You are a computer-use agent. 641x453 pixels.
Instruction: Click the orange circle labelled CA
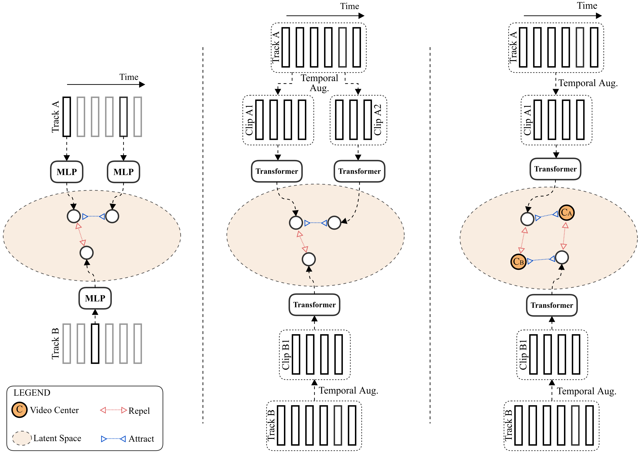[566, 213]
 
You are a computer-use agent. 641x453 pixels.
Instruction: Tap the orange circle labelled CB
[518, 262]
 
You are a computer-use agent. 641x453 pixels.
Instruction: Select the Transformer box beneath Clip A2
[359, 171]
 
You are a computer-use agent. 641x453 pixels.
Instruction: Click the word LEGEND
[32, 393]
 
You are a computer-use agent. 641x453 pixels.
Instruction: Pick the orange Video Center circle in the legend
[19, 410]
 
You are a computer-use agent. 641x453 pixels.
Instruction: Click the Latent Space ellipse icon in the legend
[22, 438]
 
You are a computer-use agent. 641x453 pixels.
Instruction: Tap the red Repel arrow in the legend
[113, 410]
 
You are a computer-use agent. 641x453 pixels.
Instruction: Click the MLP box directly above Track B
[95, 298]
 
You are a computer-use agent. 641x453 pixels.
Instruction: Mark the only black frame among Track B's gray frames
[95, 343]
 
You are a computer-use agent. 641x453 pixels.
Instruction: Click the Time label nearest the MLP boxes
[129, 77]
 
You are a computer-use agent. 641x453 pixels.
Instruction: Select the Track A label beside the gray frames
[55, 117]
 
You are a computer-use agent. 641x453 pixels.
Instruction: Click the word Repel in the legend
[139, 411]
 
